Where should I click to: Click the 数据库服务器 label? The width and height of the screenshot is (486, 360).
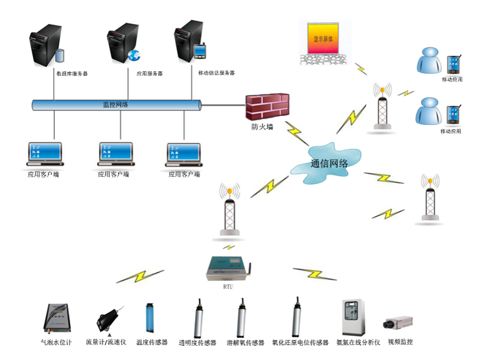[72, 74]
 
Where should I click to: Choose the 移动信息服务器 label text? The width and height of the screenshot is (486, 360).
[216, 73]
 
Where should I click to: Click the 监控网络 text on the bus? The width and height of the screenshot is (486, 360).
[115, 104]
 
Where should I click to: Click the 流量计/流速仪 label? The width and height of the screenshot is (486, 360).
[106, 341]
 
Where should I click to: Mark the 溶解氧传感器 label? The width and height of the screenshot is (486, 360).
[245, 343]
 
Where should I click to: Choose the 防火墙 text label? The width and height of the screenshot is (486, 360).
[262, 127]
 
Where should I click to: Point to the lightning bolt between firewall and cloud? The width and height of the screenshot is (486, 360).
[296, 133]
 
